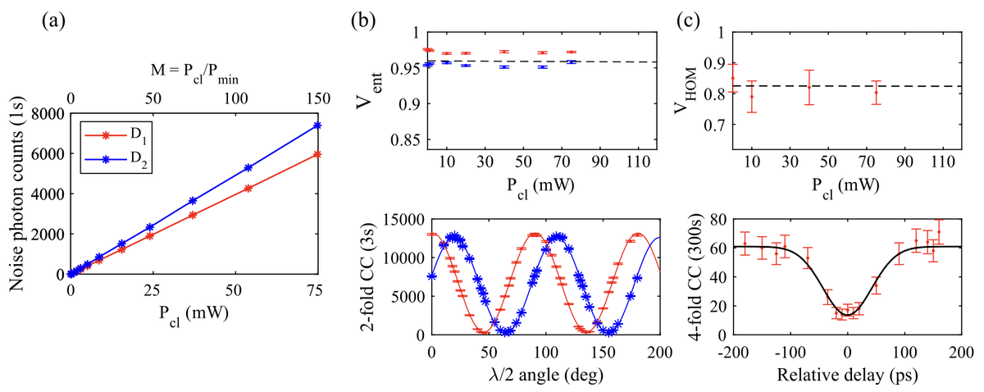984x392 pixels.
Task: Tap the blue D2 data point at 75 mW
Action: (x=317, y=125)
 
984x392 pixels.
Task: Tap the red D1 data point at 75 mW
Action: (x=317, y=154)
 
